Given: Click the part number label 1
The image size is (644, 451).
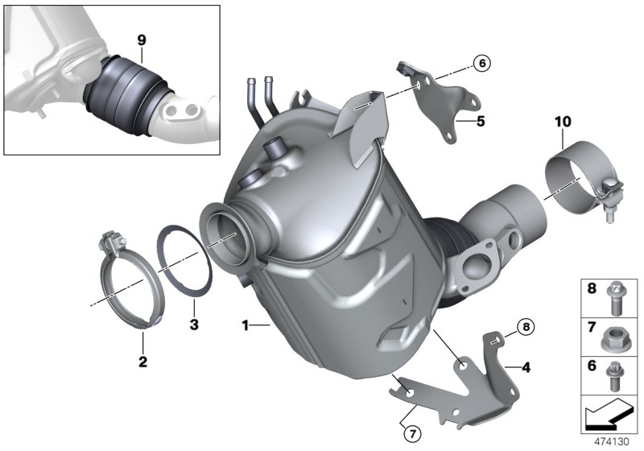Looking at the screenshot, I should click(245, 326).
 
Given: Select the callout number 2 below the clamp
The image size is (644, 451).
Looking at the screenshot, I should click(142, 362).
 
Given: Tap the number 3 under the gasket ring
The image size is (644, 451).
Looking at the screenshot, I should click(193, 325).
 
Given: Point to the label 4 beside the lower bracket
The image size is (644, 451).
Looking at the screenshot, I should click(526, 368).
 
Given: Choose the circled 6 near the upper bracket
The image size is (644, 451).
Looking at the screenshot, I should click(481, 62).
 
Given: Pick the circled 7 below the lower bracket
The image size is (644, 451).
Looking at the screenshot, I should click(411, 433).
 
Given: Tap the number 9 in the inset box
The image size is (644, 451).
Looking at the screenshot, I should click(141, 38).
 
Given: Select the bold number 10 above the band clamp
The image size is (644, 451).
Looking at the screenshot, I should click(562, 122).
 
